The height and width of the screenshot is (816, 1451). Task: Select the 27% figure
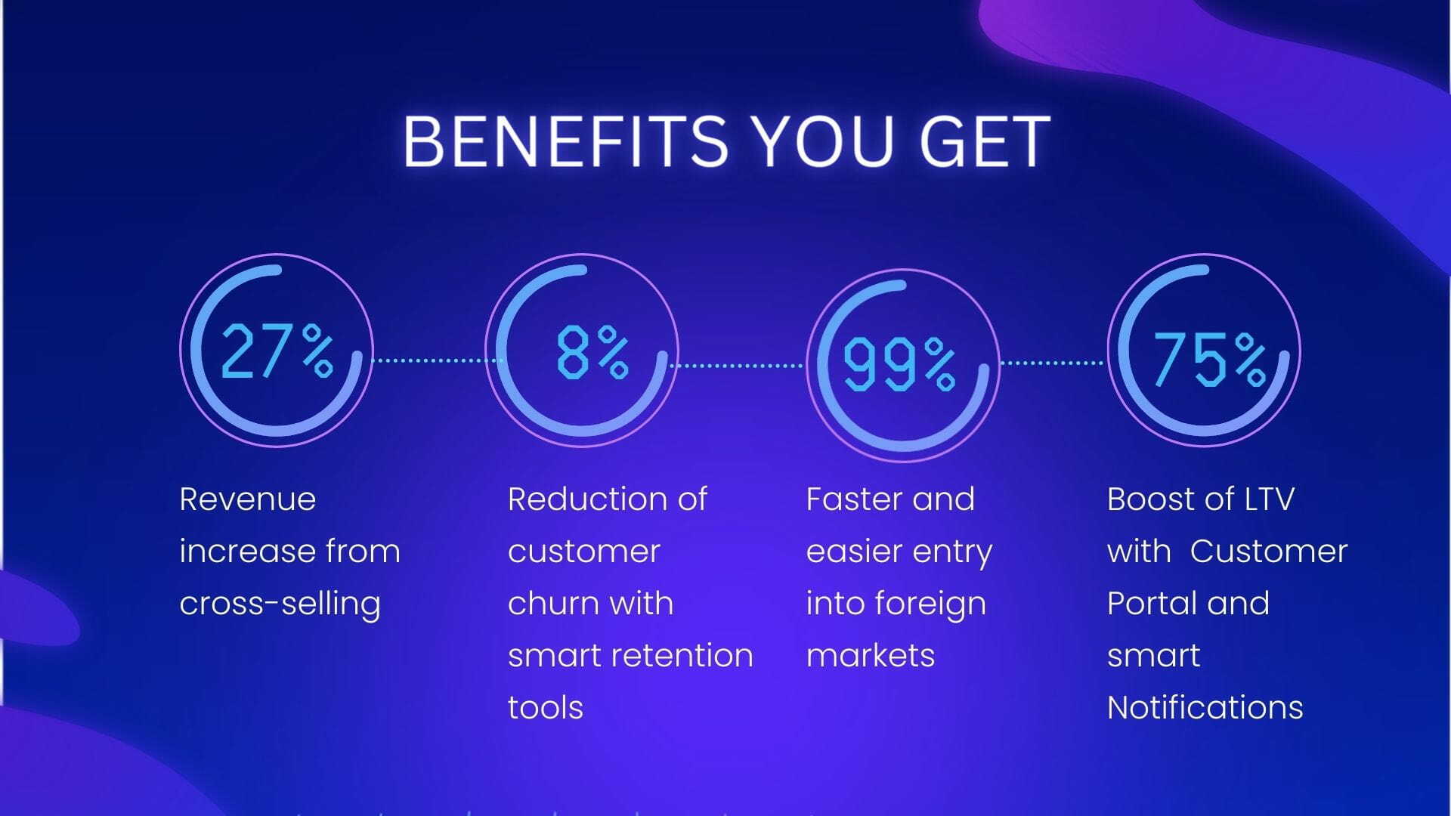(x=277, y=351)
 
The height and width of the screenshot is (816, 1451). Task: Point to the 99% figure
(x=899, y=364)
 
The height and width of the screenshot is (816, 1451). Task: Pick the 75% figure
(x=1209, y=359)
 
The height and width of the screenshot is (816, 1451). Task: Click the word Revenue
(x=248, y=499)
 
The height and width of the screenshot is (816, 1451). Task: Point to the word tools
(x=546, y=708)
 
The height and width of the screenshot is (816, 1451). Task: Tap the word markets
(x=871, y=656)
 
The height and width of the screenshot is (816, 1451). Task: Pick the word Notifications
(x=1205, y=708)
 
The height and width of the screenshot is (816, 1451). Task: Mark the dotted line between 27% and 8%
(x=438, y=360)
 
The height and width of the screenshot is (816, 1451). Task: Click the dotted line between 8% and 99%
(x=737, y=366)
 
